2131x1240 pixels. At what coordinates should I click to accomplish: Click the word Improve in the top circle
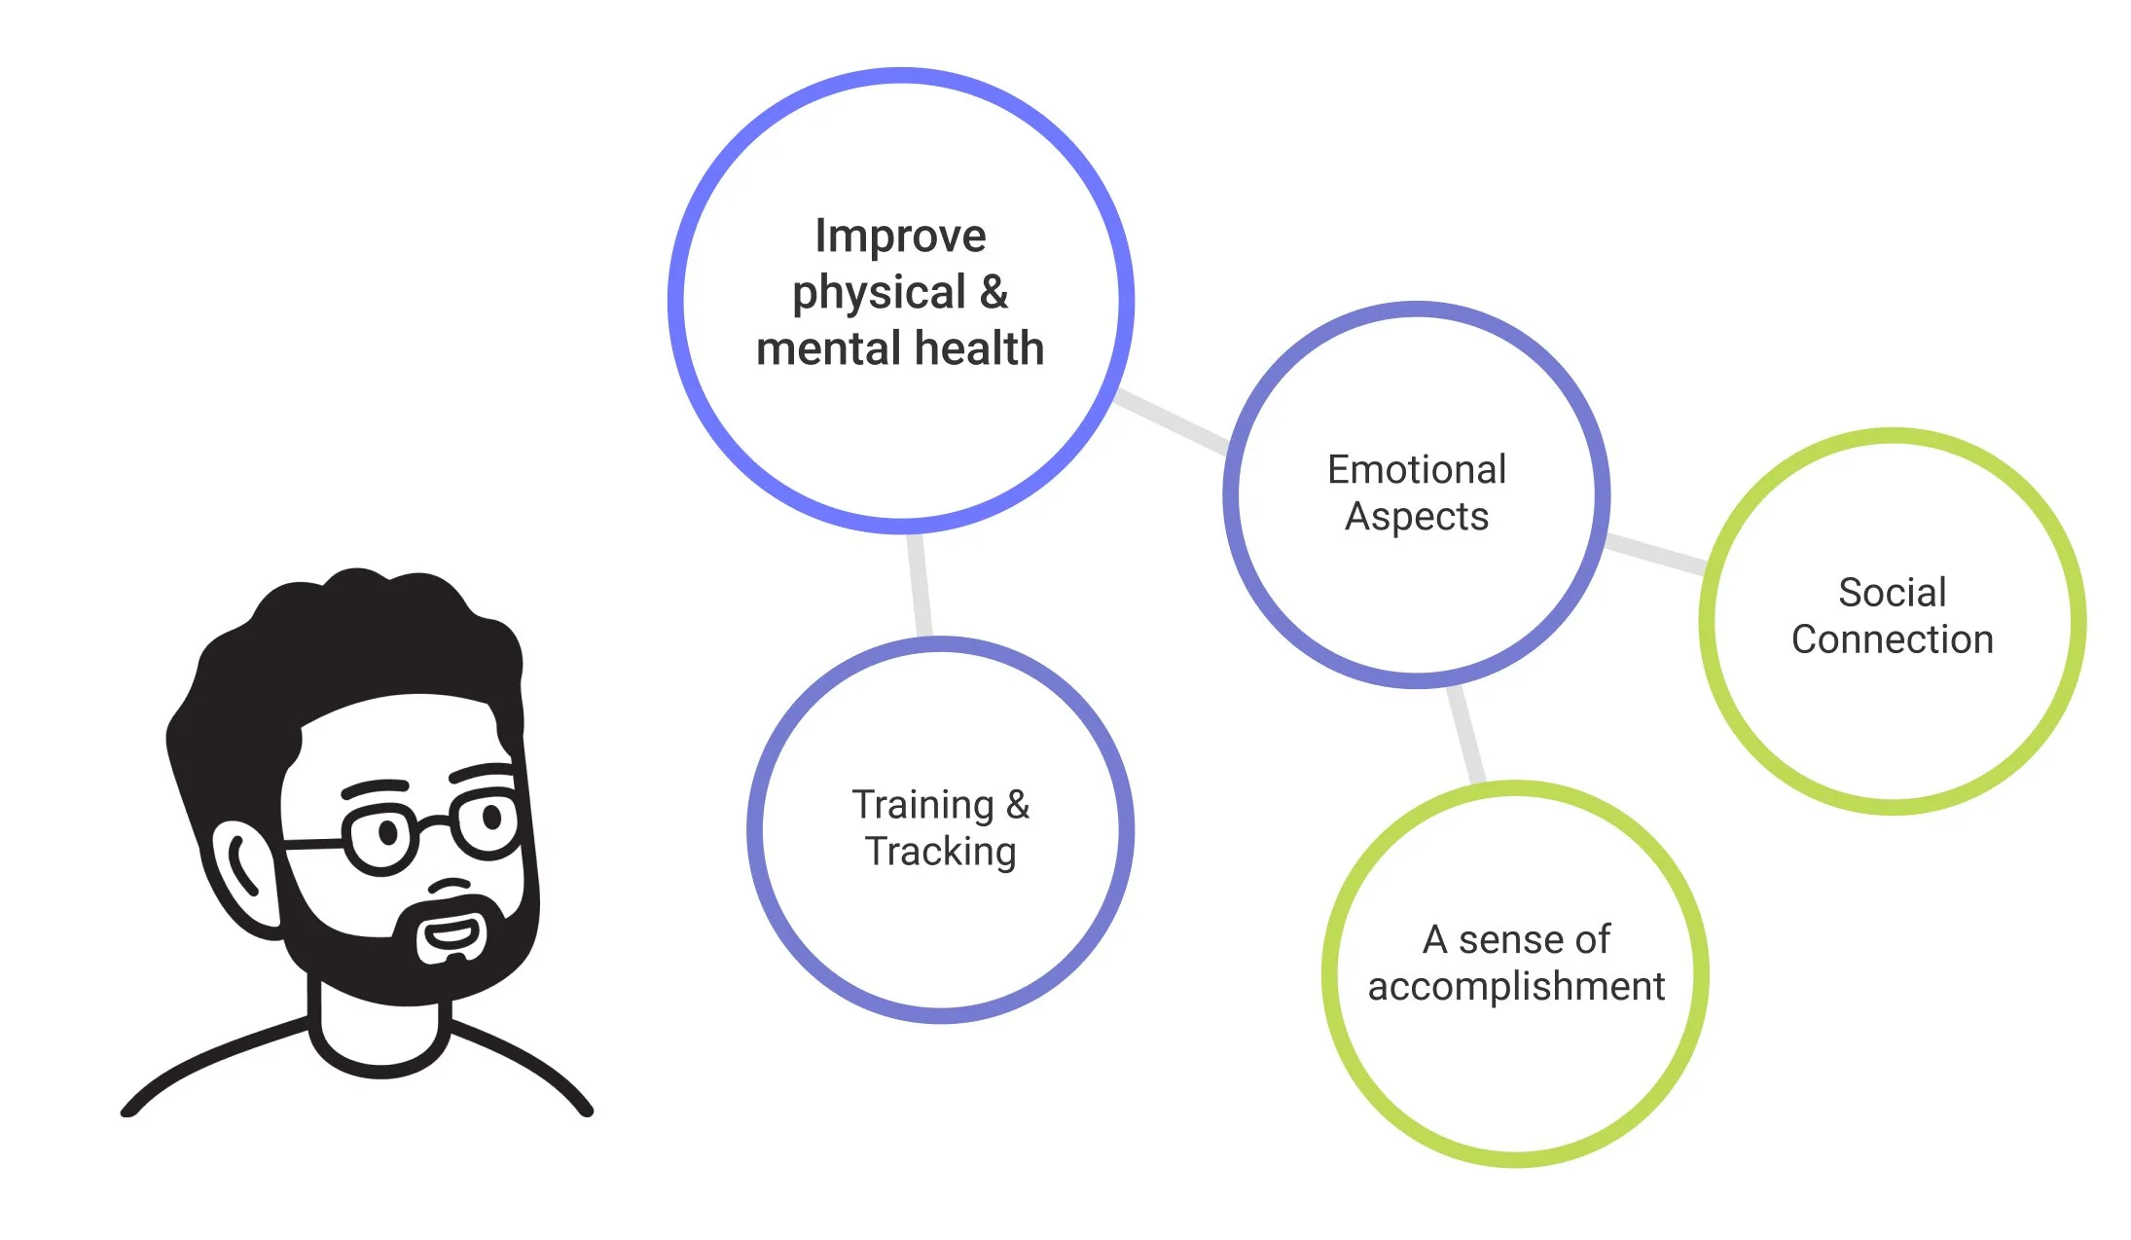[900, 237]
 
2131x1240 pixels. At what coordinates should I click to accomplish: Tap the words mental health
[900, 348]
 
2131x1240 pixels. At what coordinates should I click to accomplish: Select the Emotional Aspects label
[1417, 492]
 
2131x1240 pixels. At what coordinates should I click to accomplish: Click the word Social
[1892, 593]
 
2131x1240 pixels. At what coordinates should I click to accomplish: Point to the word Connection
[1892, 639]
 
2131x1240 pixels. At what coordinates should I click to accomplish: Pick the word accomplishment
[1516, 986]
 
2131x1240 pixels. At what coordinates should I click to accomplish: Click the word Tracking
[941, 852]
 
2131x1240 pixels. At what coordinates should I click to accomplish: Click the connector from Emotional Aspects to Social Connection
[1655, 552]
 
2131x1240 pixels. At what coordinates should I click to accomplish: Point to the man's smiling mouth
[451, 935]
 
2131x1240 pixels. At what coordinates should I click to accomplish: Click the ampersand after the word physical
[993, 292]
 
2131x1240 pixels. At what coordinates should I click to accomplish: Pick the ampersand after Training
[1018, 805]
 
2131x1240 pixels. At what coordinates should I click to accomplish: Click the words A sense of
[1516, 939]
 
